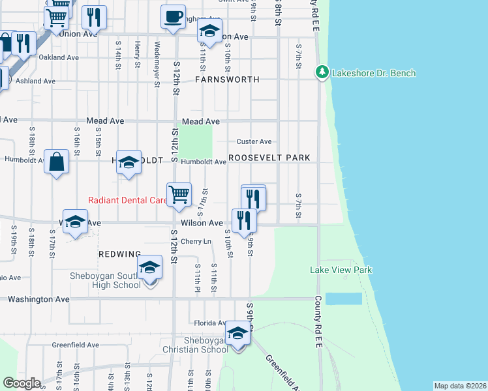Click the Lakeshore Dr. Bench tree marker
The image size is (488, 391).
pyautogui.click(x=321, y=72)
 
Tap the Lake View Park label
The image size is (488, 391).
pyautogui.click(x=341, y=270)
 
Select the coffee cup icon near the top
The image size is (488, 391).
pyautogui.click(x=173, y=17)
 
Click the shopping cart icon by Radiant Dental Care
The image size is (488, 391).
pyautogui.click(x=179, y=194)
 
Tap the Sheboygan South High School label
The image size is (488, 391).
pyautogui.click(x=105, y=280)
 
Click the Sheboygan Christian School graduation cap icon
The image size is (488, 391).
pyautogui.click(x=238, y=335)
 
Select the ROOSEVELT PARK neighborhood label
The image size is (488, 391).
pyautogui.click(x=269, y=158)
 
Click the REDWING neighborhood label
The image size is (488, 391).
pyautogui.click(x=119, y=253)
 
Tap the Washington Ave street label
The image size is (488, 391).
pyautogui.click(x=38, y=299)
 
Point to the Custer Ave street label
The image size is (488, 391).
pyautogui.click(x=254, y=141)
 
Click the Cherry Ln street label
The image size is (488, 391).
pyautogui.click(x=196, y=242)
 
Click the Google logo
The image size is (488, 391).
pyautogui.click(x=22, y=383)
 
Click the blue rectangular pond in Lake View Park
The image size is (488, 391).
pyautogui.click(x=343, y=298)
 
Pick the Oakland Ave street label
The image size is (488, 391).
pyautogui.click(x=59, y=57)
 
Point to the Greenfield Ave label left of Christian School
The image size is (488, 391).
pyautogui.click(x=75, y=345)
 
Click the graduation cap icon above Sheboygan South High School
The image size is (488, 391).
pyautogui.click(x=150, y=267)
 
